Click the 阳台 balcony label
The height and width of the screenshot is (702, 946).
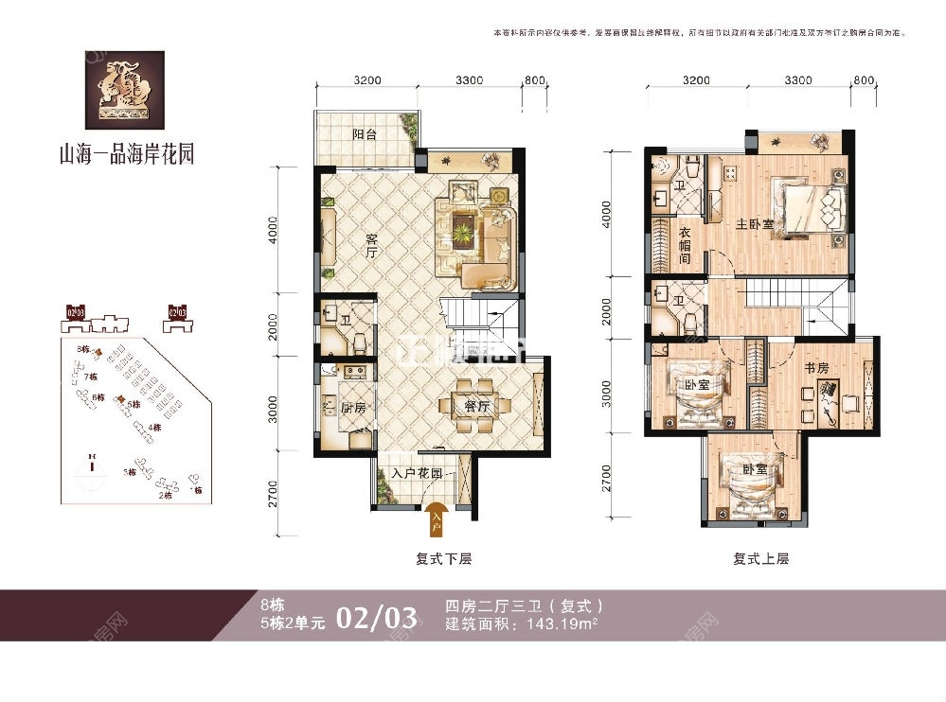(x=365, y=135)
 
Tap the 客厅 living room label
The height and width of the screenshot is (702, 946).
(x=371, y=246)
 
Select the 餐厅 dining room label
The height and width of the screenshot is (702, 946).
(x=476, y=406)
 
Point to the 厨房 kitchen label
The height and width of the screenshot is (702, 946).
(x=353, y=409)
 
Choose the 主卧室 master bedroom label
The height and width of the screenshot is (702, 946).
(x=755, y=224)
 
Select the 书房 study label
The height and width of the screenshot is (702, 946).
(x=819, y=367)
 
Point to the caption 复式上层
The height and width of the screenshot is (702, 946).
(x=760, y=559)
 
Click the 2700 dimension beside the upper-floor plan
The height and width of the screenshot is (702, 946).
(x=607, y=482)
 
